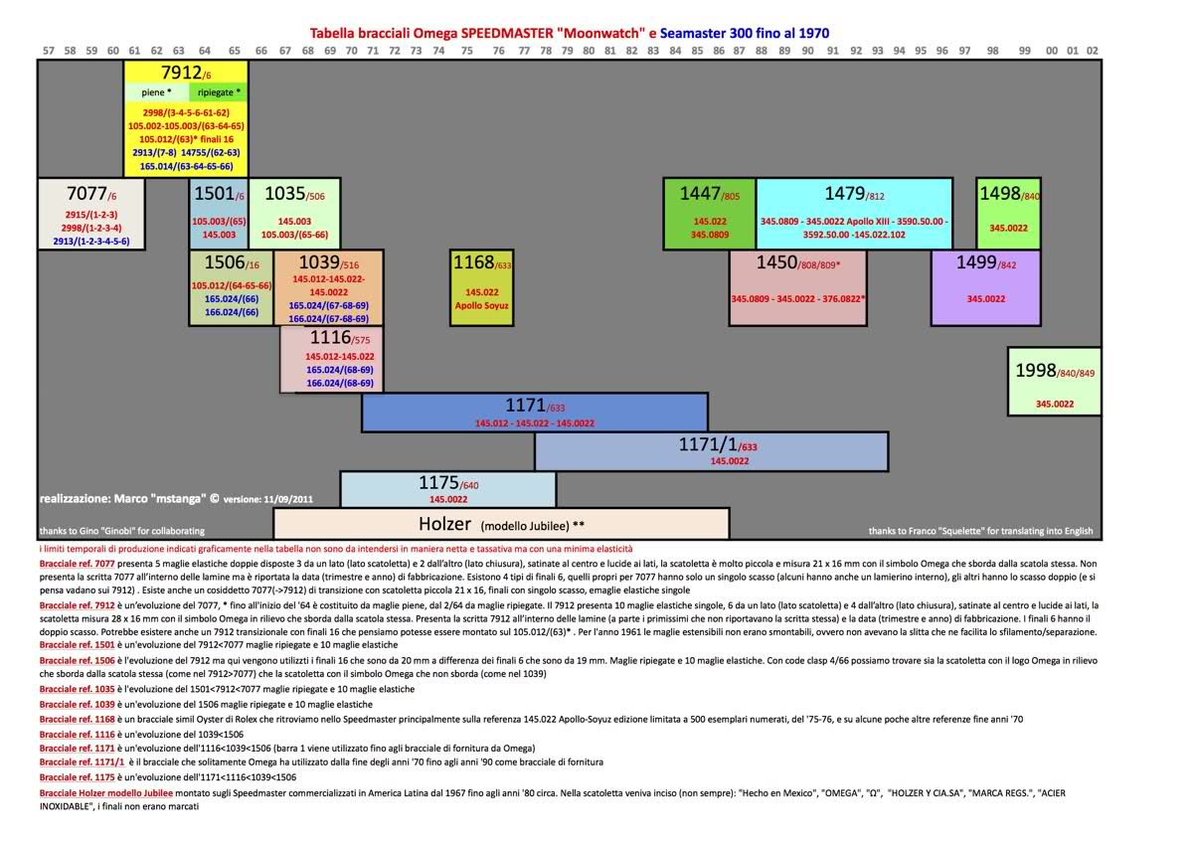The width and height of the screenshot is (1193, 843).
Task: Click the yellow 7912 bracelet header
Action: (x=186, y=72)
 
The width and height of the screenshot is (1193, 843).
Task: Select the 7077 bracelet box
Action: (x=91, y=213)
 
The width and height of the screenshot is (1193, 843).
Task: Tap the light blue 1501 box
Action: (x=219, y=213)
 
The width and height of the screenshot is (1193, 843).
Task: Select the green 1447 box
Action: (x=710, y=213)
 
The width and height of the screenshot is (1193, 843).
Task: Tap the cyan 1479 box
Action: (x=854, y=213)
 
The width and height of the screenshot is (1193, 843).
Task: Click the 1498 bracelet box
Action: (x=1008, y=213)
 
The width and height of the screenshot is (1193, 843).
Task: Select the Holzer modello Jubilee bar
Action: (x=501, y=524)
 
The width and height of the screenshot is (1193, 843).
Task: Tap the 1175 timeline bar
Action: (x=448, y=489)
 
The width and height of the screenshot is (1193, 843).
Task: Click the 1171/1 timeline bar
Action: (x=712, y=451)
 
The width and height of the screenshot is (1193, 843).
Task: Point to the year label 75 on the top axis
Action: (x=466, y=50)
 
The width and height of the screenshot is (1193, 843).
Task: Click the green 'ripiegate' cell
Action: (x=219, y=92)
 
